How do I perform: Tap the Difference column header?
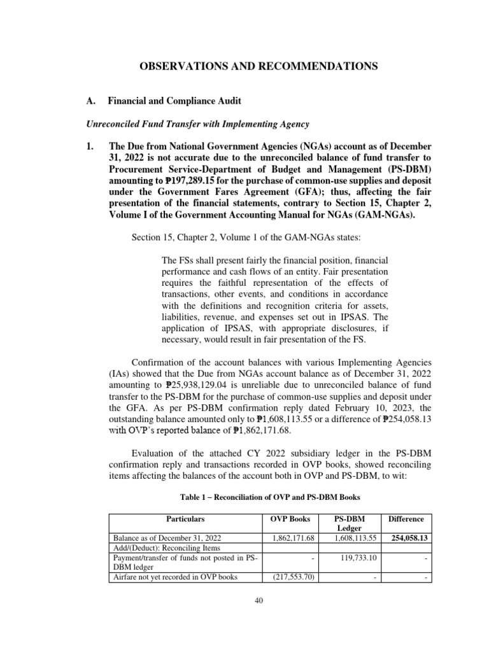(x=406, y=519)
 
